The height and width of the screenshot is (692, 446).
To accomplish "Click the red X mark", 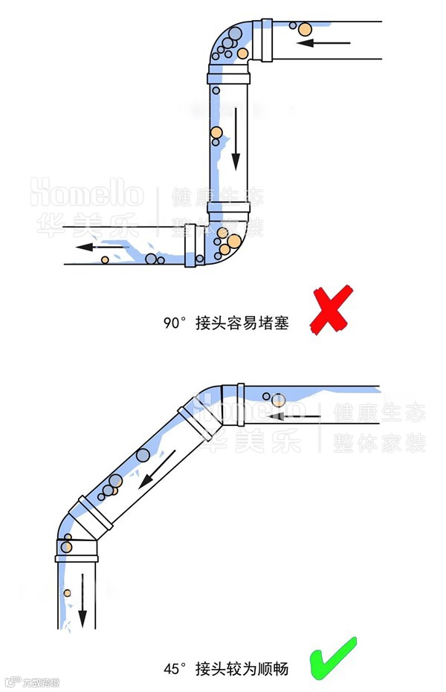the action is (x=330, y=311).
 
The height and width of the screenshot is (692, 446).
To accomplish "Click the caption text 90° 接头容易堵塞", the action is (x=226, y=323).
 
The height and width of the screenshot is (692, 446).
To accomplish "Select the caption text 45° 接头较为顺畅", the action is (x=226, y=669).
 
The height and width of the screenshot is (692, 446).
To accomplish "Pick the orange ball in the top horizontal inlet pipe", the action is (x=304, y=29).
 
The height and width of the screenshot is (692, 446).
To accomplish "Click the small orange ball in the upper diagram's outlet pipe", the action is (x=105, y=259).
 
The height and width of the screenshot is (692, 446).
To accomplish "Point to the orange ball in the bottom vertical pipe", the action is (x=67, y=592).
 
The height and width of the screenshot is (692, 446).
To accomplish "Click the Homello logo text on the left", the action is (x=86, y=195).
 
